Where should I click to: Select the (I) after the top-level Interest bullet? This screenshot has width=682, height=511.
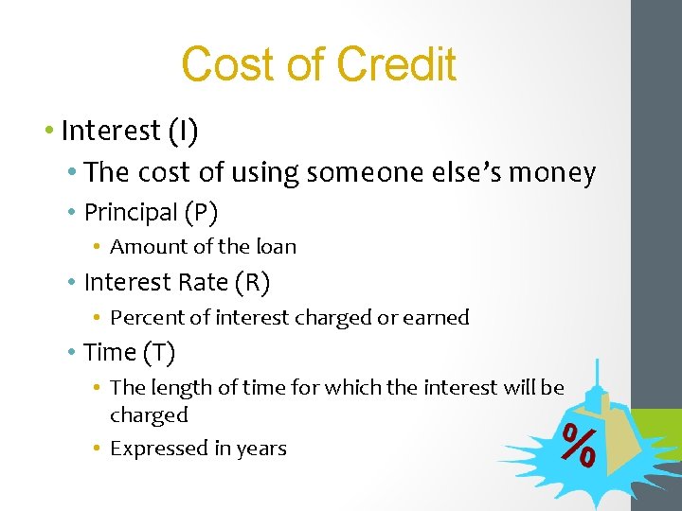[x=182, y=131]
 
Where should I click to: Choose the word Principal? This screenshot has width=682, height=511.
[x=131, y=212]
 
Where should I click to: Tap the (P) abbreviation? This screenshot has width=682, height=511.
[x=201, y=212]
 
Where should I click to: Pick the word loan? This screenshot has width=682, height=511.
[x=276, y=247]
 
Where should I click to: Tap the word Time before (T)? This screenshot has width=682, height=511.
[x=110, y=352]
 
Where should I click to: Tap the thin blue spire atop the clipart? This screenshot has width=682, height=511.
[x=596, y=374]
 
